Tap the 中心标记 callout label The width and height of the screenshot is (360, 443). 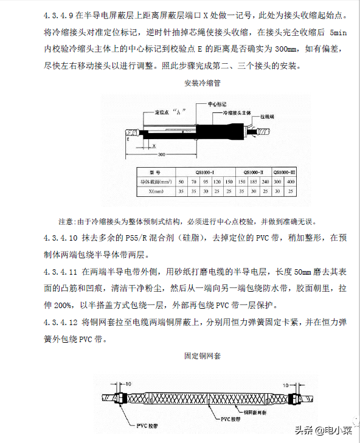click(x=218, y=104)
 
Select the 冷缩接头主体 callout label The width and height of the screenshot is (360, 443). click(x=237, y=113)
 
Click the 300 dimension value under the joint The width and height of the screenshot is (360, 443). click(x=162, y=154)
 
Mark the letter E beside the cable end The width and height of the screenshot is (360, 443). click(x=129, y=139)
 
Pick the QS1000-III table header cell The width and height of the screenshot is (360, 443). click(x=283, y=171)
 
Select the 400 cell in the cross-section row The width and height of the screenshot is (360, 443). click(x=291, y=182)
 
